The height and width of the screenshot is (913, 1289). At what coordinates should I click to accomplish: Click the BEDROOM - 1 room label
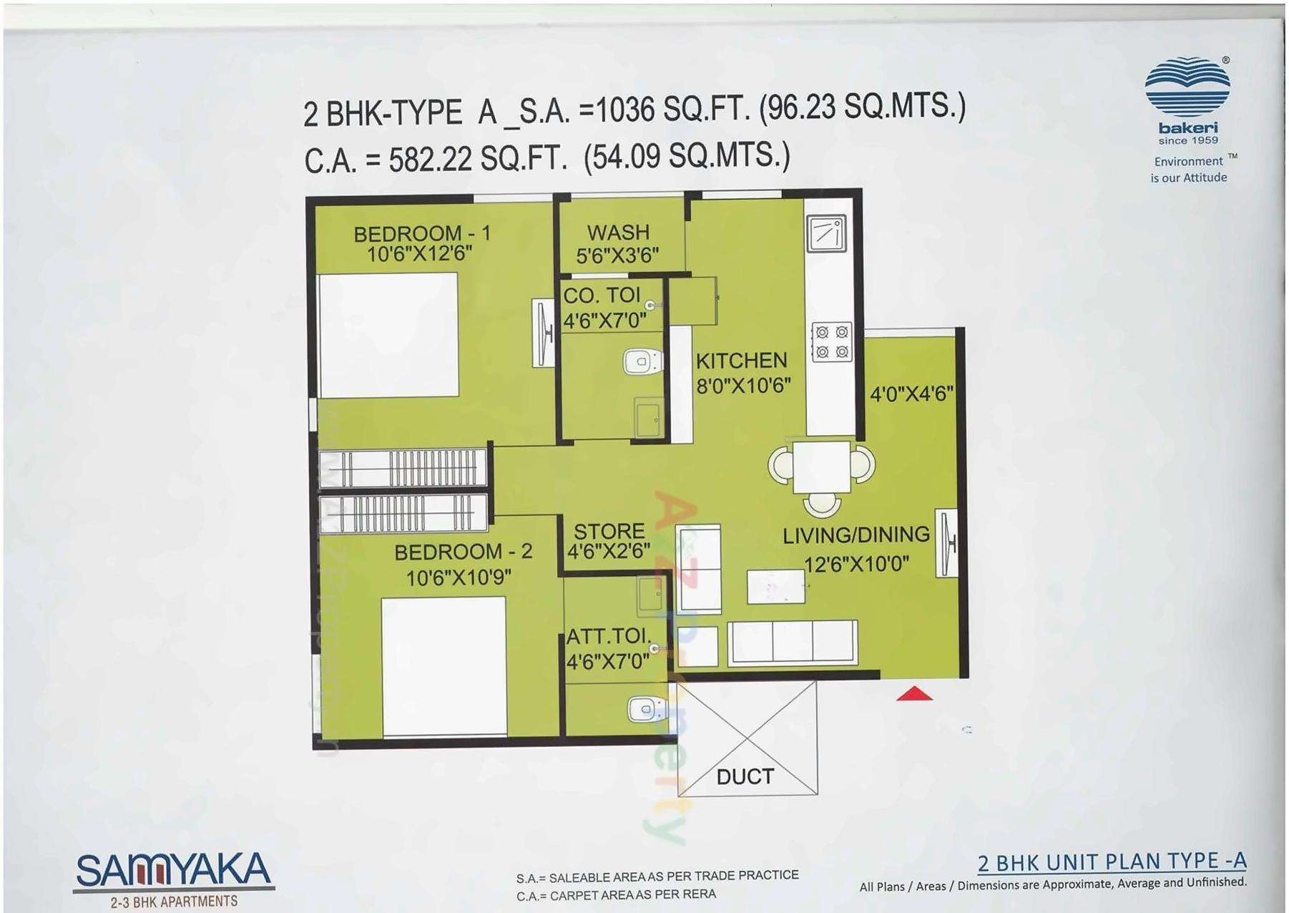(x=422, y=234)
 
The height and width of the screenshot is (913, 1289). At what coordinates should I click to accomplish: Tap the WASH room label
(x=618, y=233)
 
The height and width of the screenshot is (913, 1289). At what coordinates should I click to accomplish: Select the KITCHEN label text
(x=741, y=361)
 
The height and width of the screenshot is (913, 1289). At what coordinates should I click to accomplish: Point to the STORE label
(x=609, y=532)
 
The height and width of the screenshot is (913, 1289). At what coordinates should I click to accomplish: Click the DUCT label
(x=745, y=776)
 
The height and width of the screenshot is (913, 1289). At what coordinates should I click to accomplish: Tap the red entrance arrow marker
(x=914, y=693)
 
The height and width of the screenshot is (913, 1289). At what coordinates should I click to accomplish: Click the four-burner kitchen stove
(x=832, y=342)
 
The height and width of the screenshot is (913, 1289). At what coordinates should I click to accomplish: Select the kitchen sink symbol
(x=827, y=233)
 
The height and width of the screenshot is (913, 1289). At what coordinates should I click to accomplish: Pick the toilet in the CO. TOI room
(x=642, y=362)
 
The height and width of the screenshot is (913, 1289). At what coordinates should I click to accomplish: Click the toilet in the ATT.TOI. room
(x=647, y=710)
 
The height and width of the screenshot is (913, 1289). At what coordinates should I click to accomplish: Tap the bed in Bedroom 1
(x=388, y=335)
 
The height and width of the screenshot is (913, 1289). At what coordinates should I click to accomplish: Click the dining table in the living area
(x=821, y=467)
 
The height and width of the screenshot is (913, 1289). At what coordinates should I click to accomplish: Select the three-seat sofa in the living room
(x=792, y=642)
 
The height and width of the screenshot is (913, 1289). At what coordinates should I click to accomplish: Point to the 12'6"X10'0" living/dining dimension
(x=856, y=565)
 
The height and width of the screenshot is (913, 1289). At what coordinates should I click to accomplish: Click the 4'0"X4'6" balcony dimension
(x=911, y=394)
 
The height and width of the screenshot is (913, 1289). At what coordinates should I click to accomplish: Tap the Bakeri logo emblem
(x=1187, y=87)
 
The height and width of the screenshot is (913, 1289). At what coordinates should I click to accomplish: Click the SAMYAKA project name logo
(x=174, y=871)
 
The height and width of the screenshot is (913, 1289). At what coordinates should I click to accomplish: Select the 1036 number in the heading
(x=625, y=110)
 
